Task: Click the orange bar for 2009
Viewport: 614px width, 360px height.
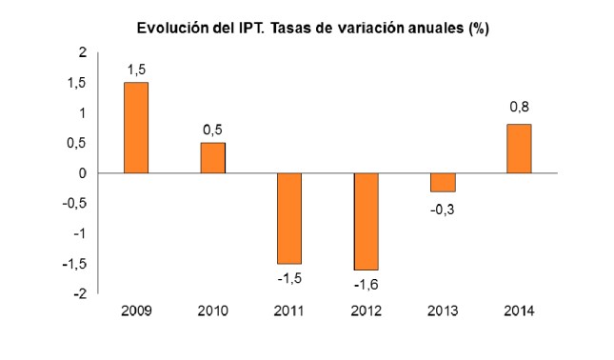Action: click(x=136, y=128)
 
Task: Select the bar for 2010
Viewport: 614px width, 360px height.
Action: click(x=212, y=158)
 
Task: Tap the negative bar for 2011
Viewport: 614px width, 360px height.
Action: click(x=288, y=218)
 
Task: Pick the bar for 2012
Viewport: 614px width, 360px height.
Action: click(x=366, y=221)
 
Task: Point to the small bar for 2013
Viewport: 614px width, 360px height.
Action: click(x=442, y=182)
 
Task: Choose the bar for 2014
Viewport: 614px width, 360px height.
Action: click(x=518, y=149)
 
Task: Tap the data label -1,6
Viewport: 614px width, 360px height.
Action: click(x=365, y=284)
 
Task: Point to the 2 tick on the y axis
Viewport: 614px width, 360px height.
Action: click(x=83, y=52)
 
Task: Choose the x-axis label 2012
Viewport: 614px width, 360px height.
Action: click(x=366, y=311)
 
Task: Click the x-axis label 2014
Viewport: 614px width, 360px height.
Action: click(x=518, y=311)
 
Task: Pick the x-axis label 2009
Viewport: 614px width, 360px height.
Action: click(x=136, y=311)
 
